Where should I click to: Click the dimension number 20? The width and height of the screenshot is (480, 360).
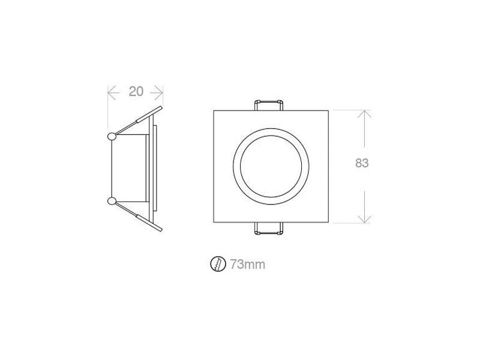tap(136, 91)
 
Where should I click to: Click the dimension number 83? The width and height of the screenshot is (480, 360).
tap(362, 163)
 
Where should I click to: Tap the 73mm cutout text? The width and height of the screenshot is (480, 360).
tap(248, 264)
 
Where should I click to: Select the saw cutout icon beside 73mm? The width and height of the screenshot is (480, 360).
tap(218, 264)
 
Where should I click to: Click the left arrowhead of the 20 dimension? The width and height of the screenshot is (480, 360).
tap(113, 93)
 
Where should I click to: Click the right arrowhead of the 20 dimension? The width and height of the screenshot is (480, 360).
tap(158, 93)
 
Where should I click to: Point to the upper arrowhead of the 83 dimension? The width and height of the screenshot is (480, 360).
tap(364, 114)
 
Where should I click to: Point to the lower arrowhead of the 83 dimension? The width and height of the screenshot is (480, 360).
tap(364, 219)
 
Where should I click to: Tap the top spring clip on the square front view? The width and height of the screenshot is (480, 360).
tap(269, 105)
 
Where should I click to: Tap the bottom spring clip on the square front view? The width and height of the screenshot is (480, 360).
tap(269, 229)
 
